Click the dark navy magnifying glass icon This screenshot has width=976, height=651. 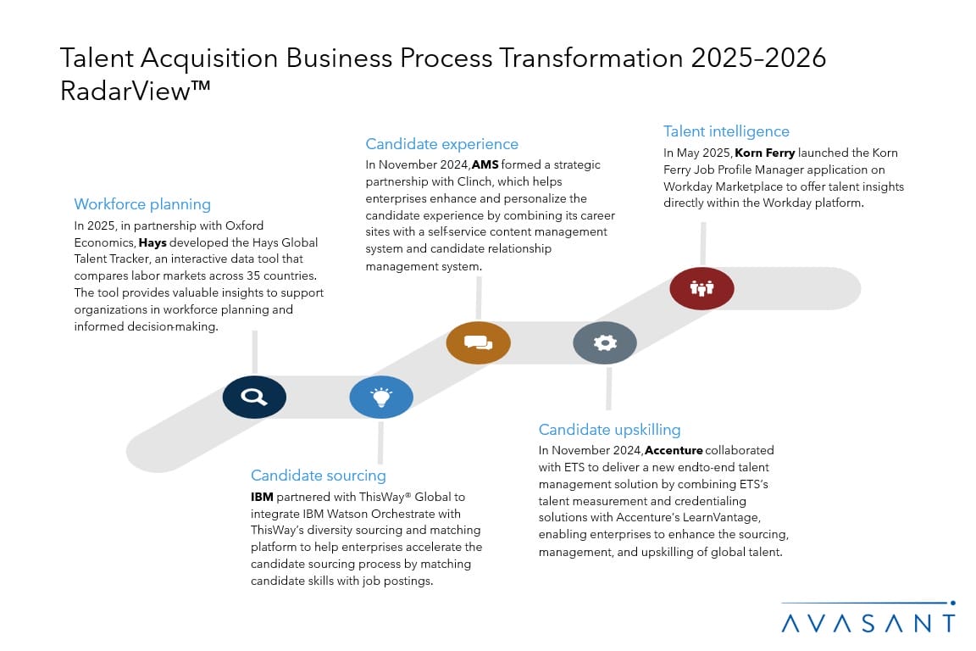tap(254, 397)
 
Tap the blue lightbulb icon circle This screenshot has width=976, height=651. tap(381, 397)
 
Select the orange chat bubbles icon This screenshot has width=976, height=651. tap(478, 342)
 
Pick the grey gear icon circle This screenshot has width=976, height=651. tap(605, 342)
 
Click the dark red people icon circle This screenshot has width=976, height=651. tap(701, 288)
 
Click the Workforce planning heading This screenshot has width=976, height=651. tap(142, 204)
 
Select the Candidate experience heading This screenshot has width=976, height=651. tap(442, 144)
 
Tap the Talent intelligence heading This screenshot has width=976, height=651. tap(726, 131)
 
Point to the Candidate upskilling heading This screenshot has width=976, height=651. tap(609, 429)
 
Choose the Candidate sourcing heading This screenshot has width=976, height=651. tap(318, 476)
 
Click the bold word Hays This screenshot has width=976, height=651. tap(152, 242)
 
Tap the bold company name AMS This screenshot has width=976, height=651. tap(485, 164)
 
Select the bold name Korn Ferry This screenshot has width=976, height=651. tap(765, 153)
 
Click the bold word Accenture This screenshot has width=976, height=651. tap(674, 450)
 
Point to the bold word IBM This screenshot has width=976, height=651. tap(262, 497)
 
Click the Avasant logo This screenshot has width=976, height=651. tap(868, 618)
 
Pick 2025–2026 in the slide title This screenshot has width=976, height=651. tap(758, 58)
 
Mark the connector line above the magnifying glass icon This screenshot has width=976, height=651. tap(254, 353)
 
